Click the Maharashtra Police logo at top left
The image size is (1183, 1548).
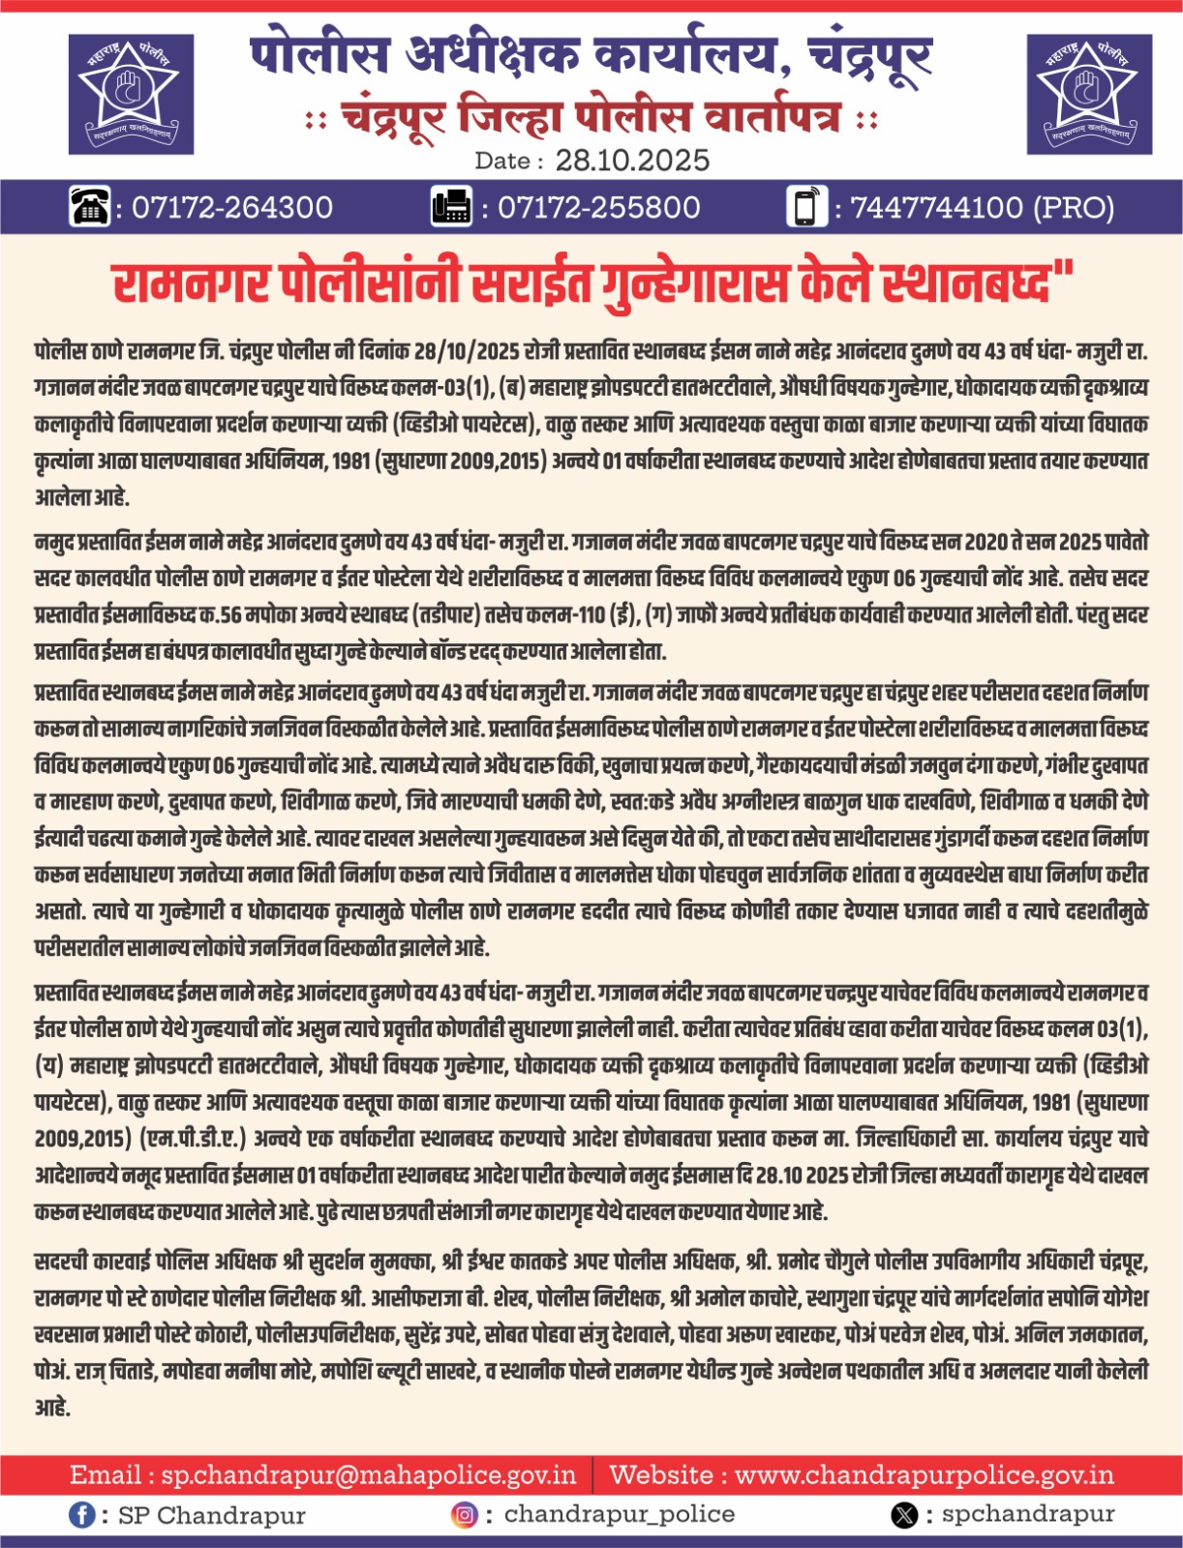point(131,94)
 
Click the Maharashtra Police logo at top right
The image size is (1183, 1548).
point(1088,94)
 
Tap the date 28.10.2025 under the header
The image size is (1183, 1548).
point(632,161)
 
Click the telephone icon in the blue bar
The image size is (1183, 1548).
point(90,207)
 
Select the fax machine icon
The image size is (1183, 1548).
point(451,207)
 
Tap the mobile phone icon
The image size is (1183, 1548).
point(806,207)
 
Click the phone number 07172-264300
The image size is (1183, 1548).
point(231,208)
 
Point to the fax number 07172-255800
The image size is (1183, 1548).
point(598,208)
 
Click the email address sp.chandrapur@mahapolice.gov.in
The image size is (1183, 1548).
point(368,1475)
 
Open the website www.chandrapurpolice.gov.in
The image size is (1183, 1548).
point(924,1475)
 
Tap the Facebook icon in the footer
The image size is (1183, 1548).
point(82,1515)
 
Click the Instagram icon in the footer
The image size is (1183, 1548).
point(465,1515)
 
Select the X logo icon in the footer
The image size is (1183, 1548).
point(904,1515)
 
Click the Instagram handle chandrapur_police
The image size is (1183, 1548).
point(619,1514)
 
